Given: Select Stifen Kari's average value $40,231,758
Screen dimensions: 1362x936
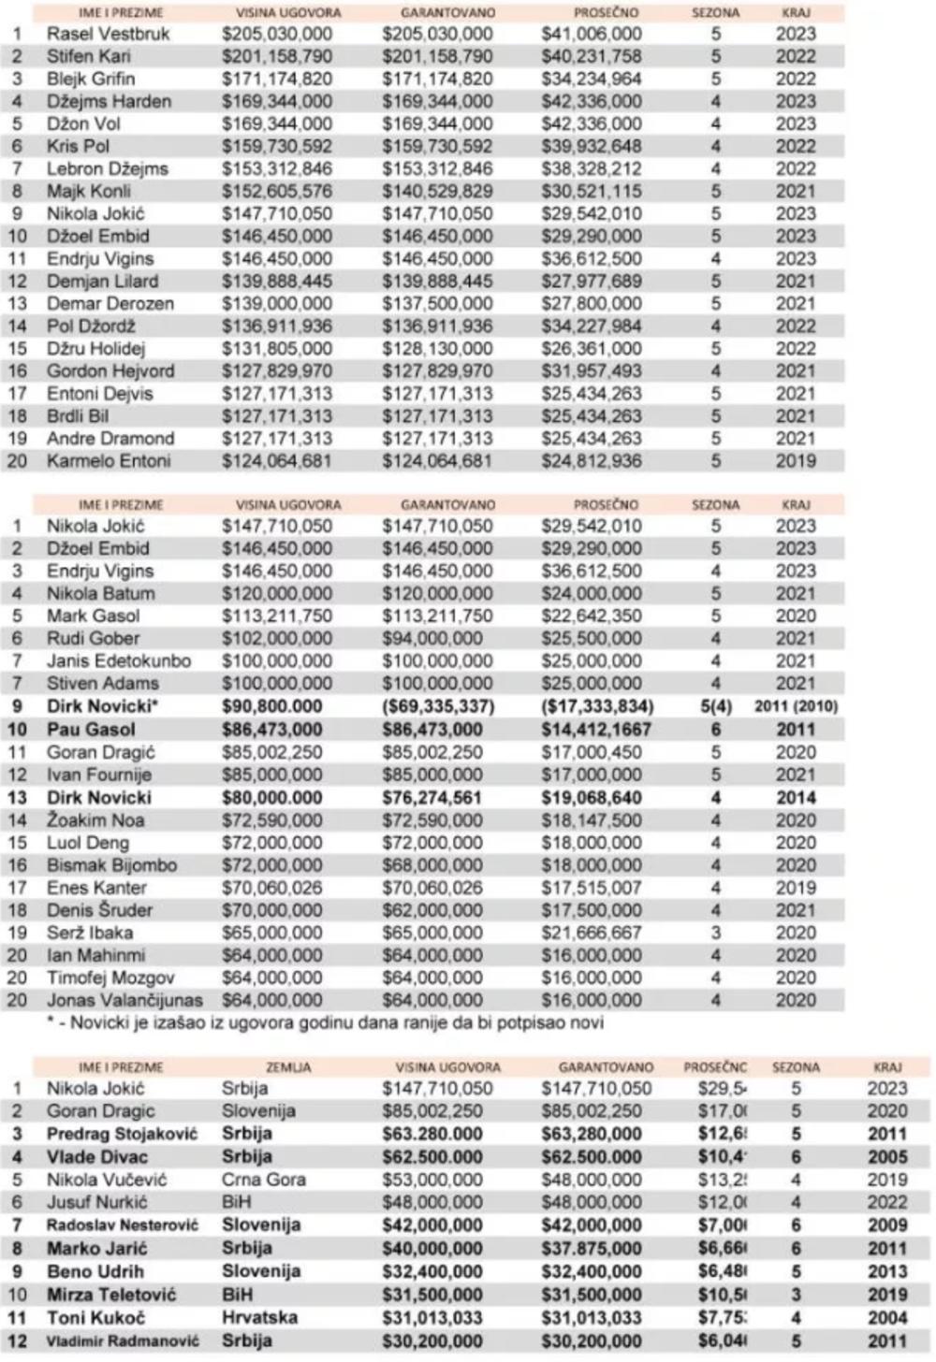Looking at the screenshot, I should point(592,56).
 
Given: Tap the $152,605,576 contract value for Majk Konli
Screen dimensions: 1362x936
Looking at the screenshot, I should point(277,191).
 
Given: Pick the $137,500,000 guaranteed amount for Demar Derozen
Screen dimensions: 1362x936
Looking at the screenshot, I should point(437,303).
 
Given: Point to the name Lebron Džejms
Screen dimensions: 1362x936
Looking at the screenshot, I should point(108,168).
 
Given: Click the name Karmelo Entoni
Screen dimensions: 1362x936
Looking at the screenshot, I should point(109,460).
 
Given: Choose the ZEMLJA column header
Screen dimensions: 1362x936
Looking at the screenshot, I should point(288,1066).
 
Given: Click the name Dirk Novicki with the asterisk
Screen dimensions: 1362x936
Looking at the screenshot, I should point(103,706).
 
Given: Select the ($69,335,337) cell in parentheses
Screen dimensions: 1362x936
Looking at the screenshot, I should point(437,706).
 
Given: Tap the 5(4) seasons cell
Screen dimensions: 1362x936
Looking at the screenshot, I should point(716,706).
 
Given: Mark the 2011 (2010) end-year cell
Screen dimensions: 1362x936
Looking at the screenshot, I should point(797,706).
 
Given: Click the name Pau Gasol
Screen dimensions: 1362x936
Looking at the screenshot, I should point(91,730).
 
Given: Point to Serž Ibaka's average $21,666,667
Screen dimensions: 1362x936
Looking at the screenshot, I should point(592,933).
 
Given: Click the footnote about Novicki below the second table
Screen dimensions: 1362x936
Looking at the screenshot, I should point(325,1022).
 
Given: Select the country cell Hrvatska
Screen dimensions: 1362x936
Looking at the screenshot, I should point(259,1317).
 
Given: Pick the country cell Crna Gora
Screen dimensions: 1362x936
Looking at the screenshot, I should point(264,1180).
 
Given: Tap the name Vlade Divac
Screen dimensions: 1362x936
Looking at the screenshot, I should point(97,1157).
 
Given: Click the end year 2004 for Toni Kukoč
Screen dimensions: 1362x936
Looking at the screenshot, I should point(886,1317).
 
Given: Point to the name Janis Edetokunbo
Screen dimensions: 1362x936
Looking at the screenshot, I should point(119,660).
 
